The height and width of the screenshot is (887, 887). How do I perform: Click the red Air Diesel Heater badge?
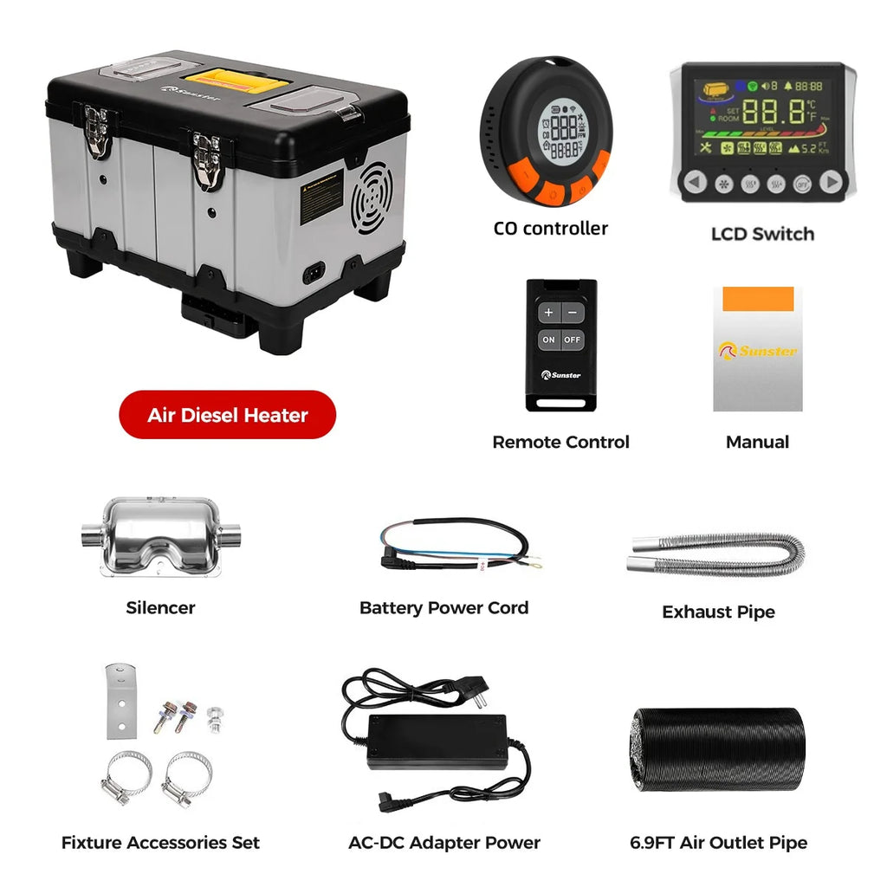pos(227,415)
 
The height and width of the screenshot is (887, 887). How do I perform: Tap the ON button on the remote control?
pos(548,340)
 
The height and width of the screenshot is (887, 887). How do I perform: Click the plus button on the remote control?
pos(548,313)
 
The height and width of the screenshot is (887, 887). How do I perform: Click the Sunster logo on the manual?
pos(757,351)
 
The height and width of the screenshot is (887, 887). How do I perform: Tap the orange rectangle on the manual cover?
pos(758,298)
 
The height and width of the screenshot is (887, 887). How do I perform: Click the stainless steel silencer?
pos(160,535)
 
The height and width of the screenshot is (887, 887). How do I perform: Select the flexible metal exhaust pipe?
pos(718,554)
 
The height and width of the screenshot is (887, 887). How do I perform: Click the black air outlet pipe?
pos(718,749)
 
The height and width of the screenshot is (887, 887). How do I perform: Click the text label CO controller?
pos(551,229)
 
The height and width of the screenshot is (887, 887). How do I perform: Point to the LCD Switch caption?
pos(762,234)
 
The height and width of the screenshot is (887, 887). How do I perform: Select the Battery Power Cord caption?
pos(443,608)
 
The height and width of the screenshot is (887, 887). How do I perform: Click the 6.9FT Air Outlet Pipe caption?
pos(718,843)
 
